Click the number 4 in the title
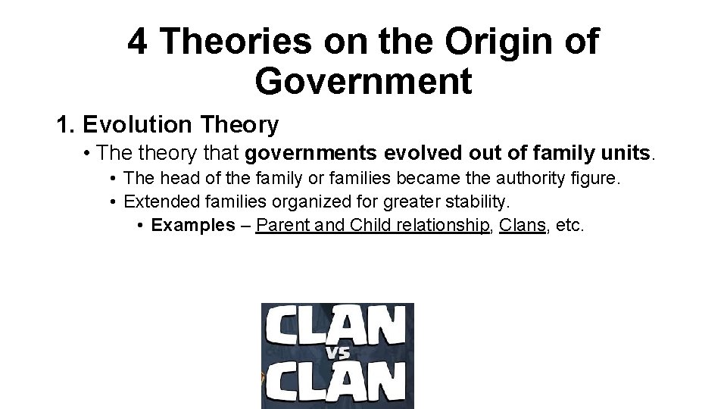click(138, 42)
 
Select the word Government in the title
click(363, 81)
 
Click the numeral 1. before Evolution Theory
click(65, 123)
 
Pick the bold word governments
click(311, 154)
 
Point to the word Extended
click(156, 202)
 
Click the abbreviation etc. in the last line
click(569, 226)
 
